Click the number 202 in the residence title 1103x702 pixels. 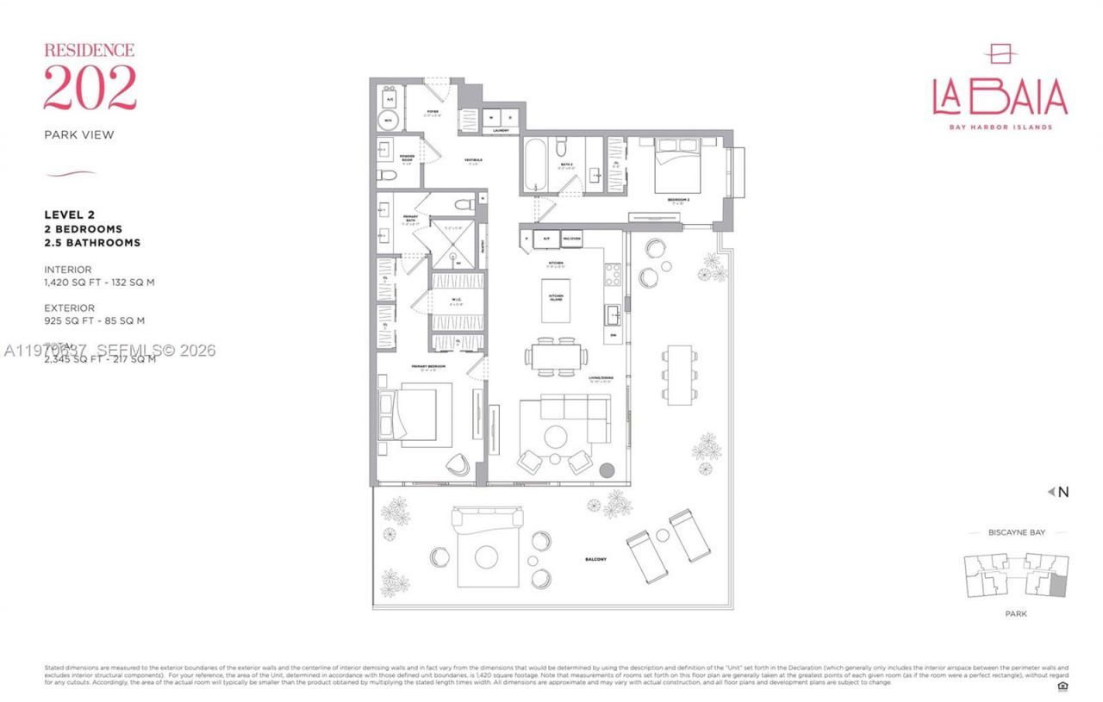(x=90, y=87)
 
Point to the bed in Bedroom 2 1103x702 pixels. (x=681, y=168)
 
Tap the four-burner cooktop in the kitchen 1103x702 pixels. (x=614, y=274)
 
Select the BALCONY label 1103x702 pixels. (x=594, y=559)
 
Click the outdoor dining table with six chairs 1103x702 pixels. (x=679, y=374)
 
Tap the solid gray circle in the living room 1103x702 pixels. (x=608, y=471)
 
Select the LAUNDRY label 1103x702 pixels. (x=501, y=131)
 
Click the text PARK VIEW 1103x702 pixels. (x=79, y=134)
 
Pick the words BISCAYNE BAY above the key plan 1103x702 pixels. (x=1016, y=533)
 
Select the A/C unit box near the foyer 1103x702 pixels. (x=389, y=97)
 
